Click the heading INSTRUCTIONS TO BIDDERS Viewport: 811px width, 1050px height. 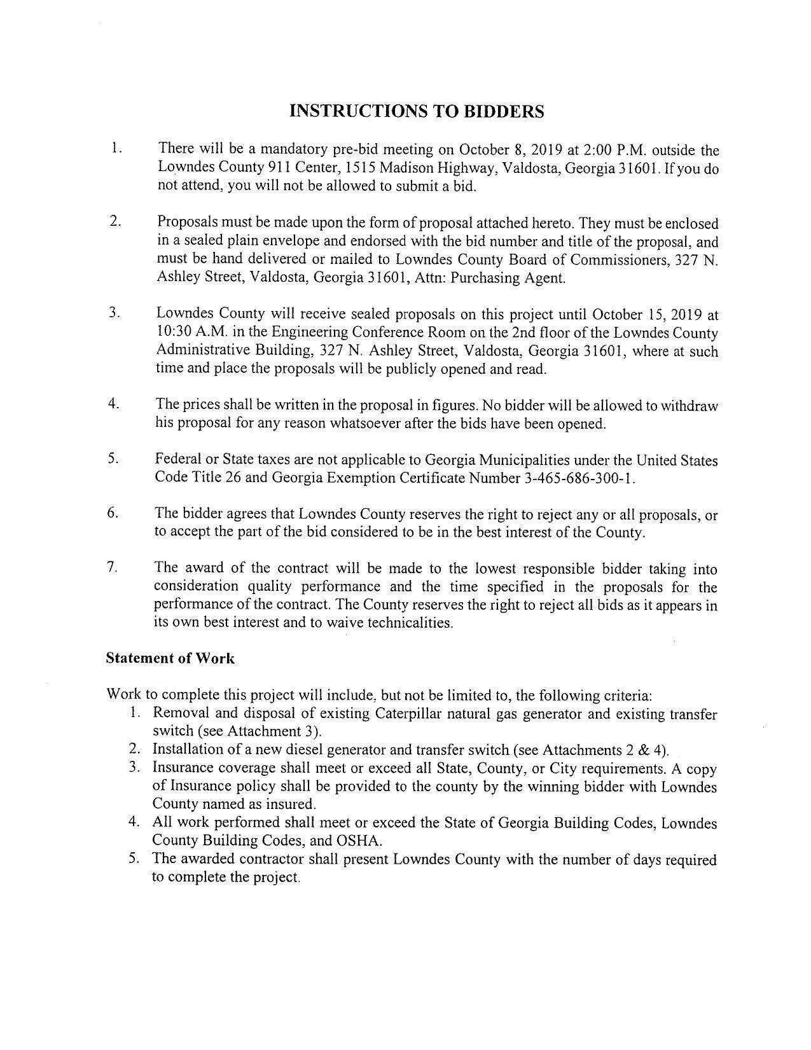(417, 111)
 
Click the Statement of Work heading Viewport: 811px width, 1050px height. (170, 659)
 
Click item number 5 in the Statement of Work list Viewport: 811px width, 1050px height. (134, 860)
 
